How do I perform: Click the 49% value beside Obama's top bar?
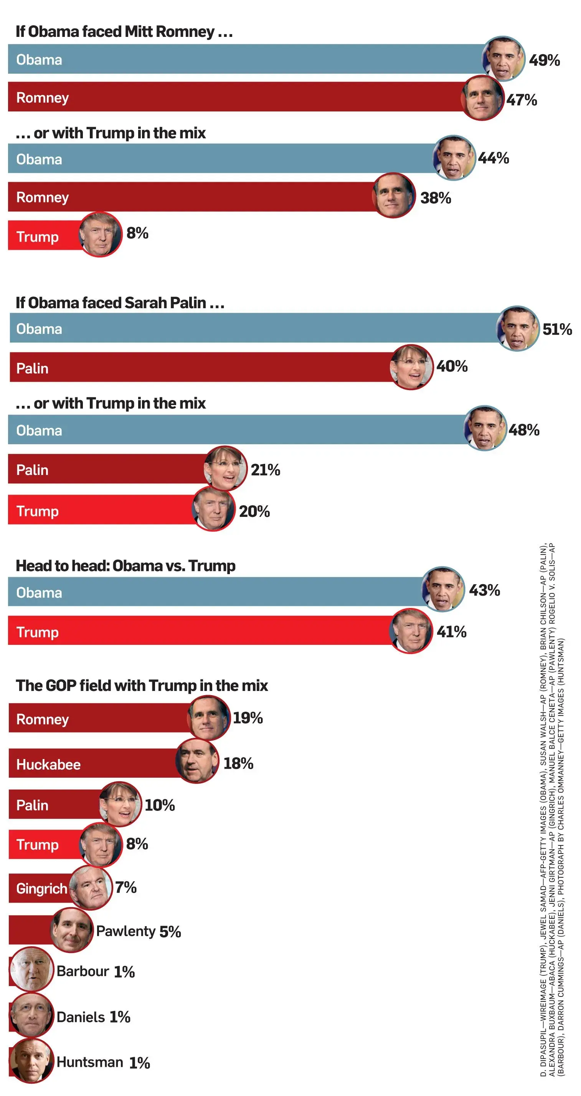pyautogui.click(x=544, y=60)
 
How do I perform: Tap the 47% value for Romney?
pyautogui.click(x=522, y=100)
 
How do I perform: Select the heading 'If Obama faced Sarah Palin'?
pyautogui.click(x=120, y=302)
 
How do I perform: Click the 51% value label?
pyautogui.click(x=557, y=329)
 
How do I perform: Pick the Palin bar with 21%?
pyautogui.click(x=106, y=469)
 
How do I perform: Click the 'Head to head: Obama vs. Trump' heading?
pyautogui.click(x=125, y=566)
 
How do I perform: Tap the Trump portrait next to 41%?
pyautogui.click(x=411, y=631)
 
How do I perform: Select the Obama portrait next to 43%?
pyautogui.click(x=443, y=589)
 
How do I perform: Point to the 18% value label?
pyautogui.click(x=238, y=763)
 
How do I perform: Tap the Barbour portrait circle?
pyautogui.click(x=31, y=969)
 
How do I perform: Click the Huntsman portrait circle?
pyautogui.click(x=31, y=1061)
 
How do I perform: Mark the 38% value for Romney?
pyautogui.click(x=436, y=198)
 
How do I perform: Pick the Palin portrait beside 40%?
pyautogui.click(x=411, y=367)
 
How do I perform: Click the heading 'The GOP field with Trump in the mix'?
pyautogui.click(x=142, y=686)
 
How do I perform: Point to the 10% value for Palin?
pyautogui.click(x=160, y=805)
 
